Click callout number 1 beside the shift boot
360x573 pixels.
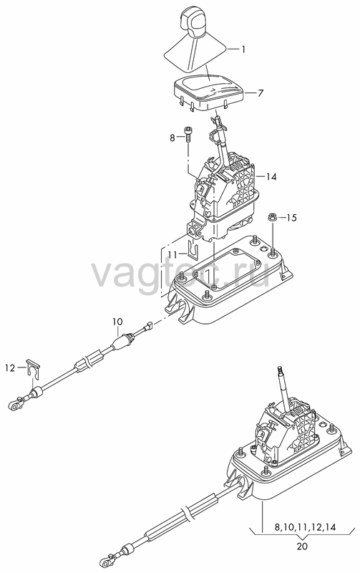(243, 49)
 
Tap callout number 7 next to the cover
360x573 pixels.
(260, 93)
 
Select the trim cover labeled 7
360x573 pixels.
(209, 92)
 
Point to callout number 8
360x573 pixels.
(172, 138)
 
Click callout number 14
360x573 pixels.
(271, 177)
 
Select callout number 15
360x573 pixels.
(291, 218)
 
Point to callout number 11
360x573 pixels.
(172, 254)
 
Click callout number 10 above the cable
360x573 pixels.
(117, 322)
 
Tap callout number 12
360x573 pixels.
(10, 368)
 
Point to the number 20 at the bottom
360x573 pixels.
(302, 546)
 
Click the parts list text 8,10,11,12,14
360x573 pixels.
(305, 527)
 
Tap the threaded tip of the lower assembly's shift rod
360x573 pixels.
(281, 370)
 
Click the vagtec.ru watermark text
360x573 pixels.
(181, 273)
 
